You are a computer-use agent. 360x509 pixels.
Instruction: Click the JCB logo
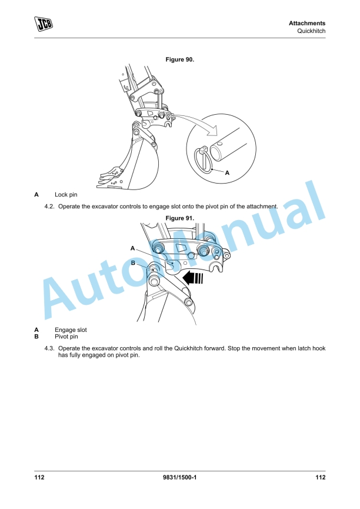(x=44, y=24)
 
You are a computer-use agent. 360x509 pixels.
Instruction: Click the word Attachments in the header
(x=306, y=23)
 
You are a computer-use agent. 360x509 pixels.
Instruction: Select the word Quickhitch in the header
(x=311, y=31)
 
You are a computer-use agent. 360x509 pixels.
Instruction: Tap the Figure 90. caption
(x=180, y=59)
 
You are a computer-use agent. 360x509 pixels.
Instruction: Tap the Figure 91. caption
(x=180, y=218)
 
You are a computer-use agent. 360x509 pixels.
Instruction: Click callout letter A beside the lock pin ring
(x=227, y=172)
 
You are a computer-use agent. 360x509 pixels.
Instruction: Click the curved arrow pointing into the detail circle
(x=195, y=121)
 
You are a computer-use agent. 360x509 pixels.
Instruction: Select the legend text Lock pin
(x=66, y=194)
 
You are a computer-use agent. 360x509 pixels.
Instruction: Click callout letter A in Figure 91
(x=132, y=248)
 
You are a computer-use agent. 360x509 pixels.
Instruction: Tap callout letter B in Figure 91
(x=133, y=262)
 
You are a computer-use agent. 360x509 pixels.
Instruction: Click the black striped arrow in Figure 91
(x=193, y=278)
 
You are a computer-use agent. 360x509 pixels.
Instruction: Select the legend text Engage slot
(x=71, y=330)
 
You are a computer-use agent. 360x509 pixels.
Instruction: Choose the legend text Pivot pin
(x=66, y=337)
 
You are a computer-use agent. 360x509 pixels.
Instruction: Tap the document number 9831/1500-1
(x=179, y=477)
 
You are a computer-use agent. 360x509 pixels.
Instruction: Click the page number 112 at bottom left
(x=39, y=477)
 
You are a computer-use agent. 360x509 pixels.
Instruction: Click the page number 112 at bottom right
(x=321, y=477)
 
